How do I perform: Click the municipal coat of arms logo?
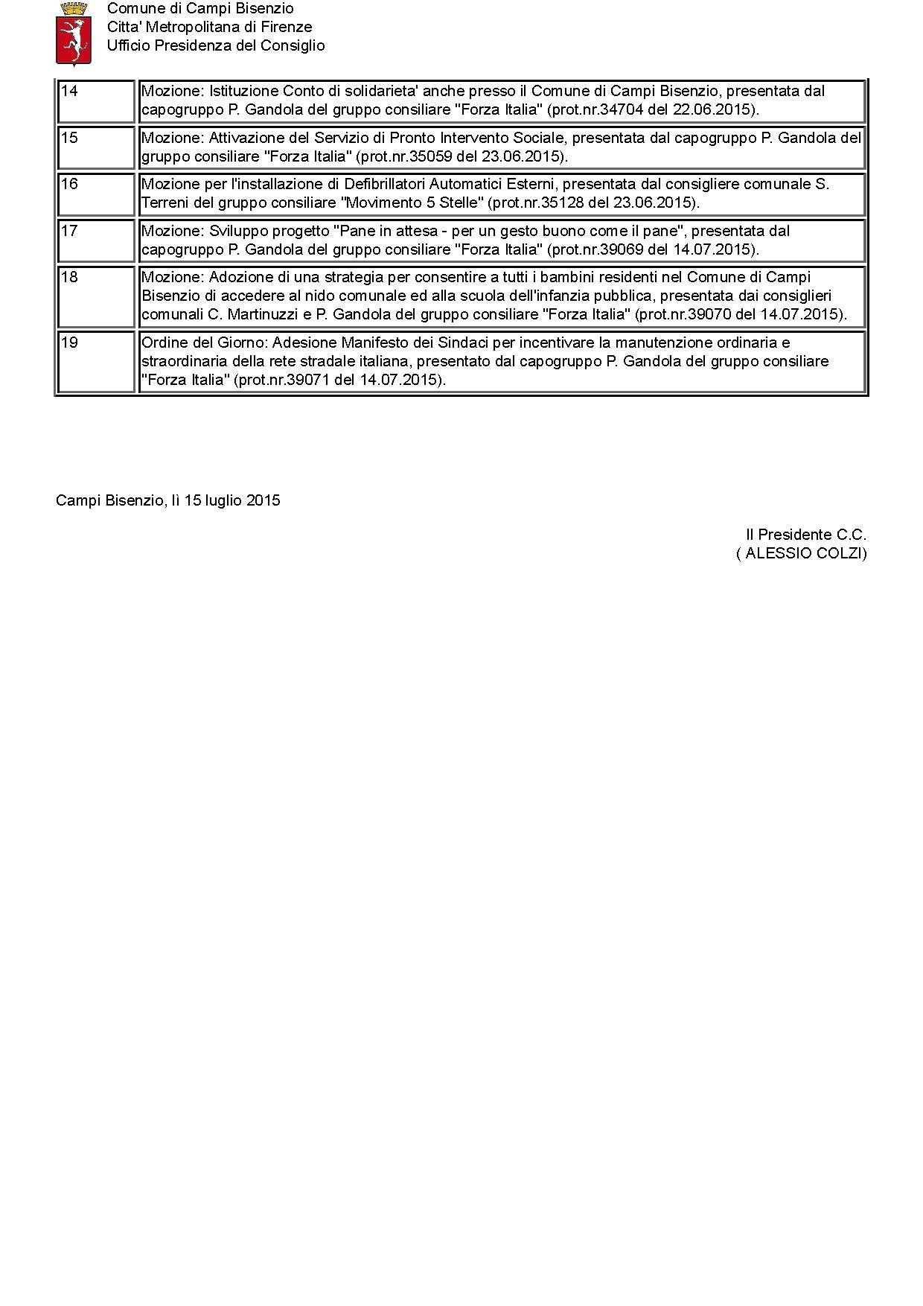(73, 34)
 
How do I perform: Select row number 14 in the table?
(69, 92)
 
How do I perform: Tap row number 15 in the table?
(69, 138)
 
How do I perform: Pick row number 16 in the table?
(69, 185)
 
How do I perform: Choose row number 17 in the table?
(69, 232)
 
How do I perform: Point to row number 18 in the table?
(69, 278)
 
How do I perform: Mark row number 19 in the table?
(69, 343)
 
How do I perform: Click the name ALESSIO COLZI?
(802, 553)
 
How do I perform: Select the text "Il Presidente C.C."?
(806, 535)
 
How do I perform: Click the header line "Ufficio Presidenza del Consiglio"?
(216, 45)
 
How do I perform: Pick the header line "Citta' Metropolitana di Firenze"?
(209, 27)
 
